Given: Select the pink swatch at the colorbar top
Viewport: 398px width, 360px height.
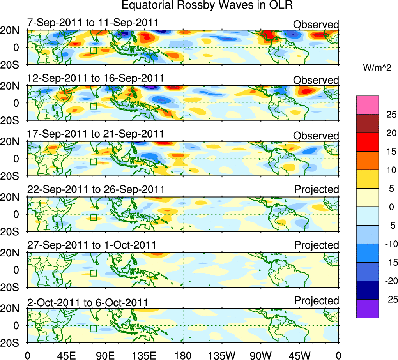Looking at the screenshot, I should (x=367, y=105).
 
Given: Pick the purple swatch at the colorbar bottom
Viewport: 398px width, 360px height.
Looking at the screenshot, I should (x=367, y=309).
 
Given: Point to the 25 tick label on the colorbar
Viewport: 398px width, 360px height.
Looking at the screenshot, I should (x=390, y=115).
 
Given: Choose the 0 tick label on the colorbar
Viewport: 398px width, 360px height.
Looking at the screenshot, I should (x=390, y=207).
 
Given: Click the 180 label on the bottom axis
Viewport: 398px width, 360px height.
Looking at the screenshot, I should (x=183, y=355).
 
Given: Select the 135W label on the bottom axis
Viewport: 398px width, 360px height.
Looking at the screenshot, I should (x=222, y=355).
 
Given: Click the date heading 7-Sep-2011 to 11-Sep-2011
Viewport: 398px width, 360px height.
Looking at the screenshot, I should (x=96, y=23).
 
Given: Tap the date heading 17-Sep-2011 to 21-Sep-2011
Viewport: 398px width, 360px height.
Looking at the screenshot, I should (x=96, y=134).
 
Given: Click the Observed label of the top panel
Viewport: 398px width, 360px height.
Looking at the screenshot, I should (x=316, y=25).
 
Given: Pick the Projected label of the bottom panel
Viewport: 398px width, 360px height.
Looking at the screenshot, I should (x=317, y=300).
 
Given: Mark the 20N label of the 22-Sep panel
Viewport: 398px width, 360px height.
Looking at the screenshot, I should (x=12, y=198).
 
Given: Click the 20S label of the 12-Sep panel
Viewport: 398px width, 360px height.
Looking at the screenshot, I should (x=12, y=120).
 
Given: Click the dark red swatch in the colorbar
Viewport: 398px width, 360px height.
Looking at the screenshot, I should (x=367, y=124).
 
